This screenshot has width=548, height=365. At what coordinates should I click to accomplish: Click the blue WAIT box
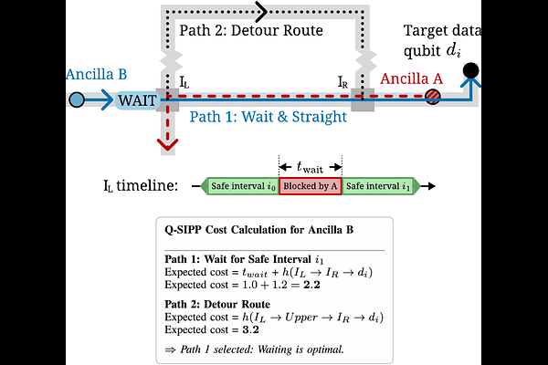click(x=137, y=100)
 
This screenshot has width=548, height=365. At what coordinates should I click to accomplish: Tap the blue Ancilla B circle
click(x=77, y=99)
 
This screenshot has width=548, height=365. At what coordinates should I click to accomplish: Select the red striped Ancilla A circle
click(x=433, y=97)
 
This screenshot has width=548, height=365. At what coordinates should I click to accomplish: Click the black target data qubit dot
click(x=470, y=70)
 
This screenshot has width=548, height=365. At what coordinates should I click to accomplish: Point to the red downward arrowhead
click(x=167, y=144)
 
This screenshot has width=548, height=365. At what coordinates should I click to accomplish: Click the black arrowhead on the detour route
click(x=261, y=12)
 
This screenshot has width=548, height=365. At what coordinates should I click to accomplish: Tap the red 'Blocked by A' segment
click(x=311, y=186)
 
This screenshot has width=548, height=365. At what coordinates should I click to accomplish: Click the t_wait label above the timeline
click(x=310, y=167)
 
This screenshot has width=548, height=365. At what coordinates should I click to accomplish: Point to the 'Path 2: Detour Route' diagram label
click(x=251, y=30)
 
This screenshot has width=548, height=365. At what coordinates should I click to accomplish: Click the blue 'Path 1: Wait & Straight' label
click(x=268, y=117)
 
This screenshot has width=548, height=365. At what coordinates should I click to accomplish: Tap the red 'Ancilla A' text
click(x=411, y=78)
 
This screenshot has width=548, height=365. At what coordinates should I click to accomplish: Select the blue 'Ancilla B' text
click(x=97, y=74)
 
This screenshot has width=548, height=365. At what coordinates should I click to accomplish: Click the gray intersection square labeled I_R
click(x=363, y=99)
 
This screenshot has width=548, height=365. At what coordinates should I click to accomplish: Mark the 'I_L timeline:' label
click(x=141, y=185)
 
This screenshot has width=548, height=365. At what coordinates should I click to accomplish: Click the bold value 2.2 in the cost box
click(x=311, y=285)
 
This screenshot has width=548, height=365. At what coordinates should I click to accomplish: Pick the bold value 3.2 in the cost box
click(x=250, y=329)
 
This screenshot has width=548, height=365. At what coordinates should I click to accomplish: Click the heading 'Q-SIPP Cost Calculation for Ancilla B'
click(x=259, y=230)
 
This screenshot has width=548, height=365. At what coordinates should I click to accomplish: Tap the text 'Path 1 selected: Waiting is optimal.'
click(x=255, y=349)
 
